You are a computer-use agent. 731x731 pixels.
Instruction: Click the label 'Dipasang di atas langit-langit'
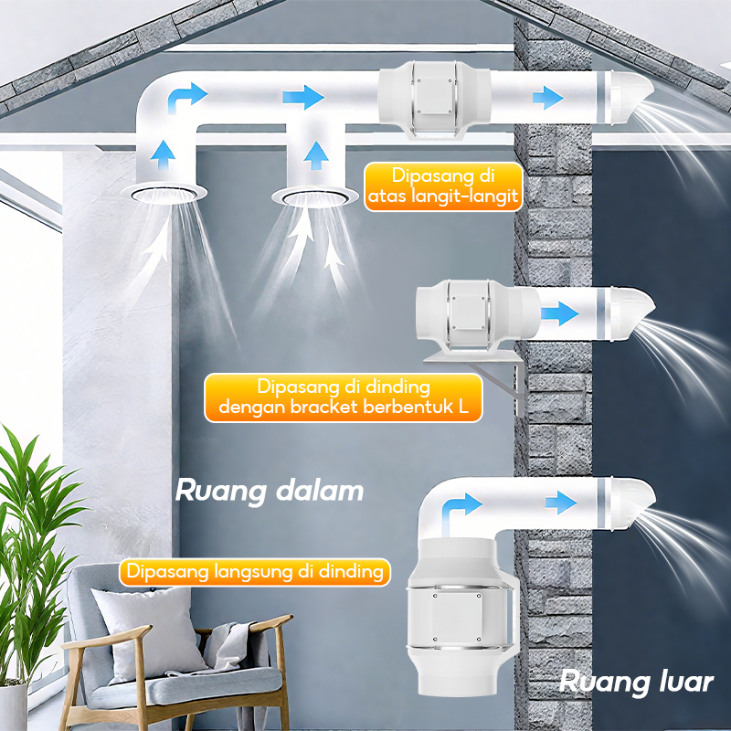[443, 186]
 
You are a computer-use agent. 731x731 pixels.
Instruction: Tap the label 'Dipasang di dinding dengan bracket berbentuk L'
[343, 397]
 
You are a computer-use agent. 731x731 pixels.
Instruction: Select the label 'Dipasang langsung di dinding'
[255, 573]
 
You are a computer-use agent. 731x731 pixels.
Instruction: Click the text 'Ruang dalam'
[269, 491]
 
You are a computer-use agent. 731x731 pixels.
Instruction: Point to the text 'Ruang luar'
[636, 681]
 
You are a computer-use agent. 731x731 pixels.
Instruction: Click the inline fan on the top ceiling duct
[434, 95]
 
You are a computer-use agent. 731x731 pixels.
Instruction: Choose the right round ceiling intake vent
[313, 195]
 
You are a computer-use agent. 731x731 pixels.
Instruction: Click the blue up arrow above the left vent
[164, 154]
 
